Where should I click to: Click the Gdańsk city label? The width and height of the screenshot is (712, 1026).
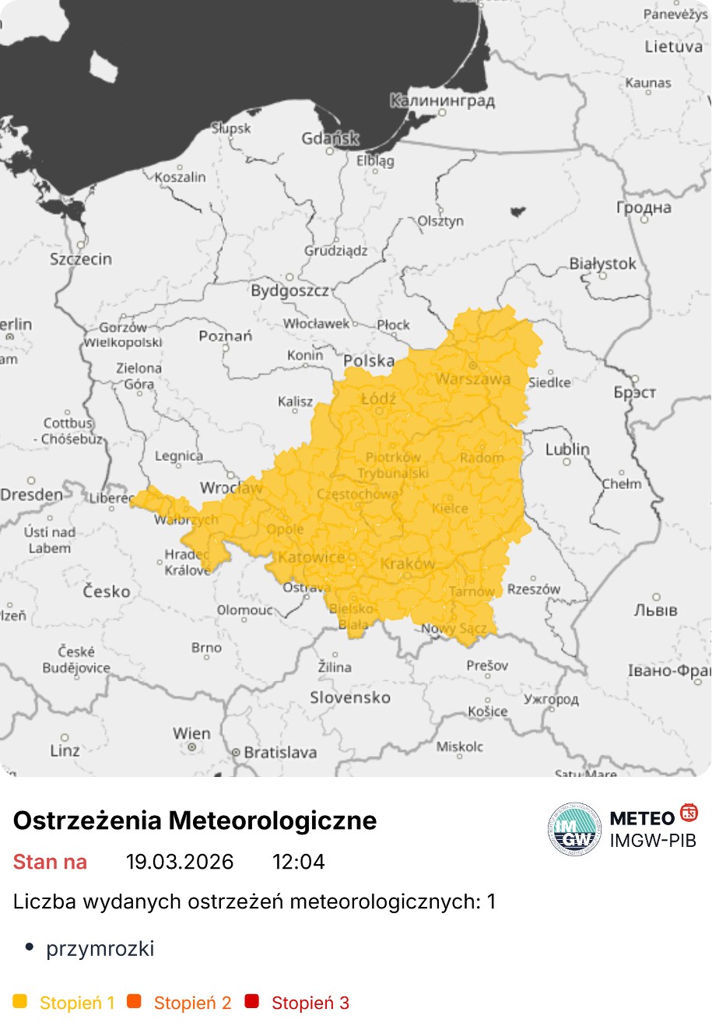pos(331,139)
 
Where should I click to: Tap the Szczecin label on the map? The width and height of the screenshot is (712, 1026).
pos(81,258)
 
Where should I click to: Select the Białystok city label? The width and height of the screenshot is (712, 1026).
pos(602,263)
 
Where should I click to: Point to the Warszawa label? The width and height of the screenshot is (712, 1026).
pos(473,379)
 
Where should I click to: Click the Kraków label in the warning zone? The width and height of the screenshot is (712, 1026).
pos(408,563)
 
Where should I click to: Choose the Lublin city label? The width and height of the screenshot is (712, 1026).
pos(567,449)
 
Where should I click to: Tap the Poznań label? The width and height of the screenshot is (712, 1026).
pos(226,336)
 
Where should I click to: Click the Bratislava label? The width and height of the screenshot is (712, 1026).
pos(280,752)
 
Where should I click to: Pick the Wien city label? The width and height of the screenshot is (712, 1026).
pos(191,733)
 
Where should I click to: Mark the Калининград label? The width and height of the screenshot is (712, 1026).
pos(442,100)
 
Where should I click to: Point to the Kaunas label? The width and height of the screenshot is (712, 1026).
pos(648,83)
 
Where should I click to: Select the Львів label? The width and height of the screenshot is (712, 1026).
pos(655,610)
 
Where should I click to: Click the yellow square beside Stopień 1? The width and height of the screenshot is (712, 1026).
pos(20,1001)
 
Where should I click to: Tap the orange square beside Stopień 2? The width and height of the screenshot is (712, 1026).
pos(135,1001)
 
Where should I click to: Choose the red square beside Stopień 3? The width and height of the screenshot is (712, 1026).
pos(251,1001)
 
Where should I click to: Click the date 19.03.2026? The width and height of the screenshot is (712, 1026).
pos(180,862)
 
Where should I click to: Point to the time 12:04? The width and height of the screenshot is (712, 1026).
pos(298,862)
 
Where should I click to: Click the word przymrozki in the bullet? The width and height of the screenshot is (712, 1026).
pos(100,948)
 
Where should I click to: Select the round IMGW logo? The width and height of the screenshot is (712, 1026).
pos(574,829)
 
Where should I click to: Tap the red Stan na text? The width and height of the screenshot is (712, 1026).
pos(50,862)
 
